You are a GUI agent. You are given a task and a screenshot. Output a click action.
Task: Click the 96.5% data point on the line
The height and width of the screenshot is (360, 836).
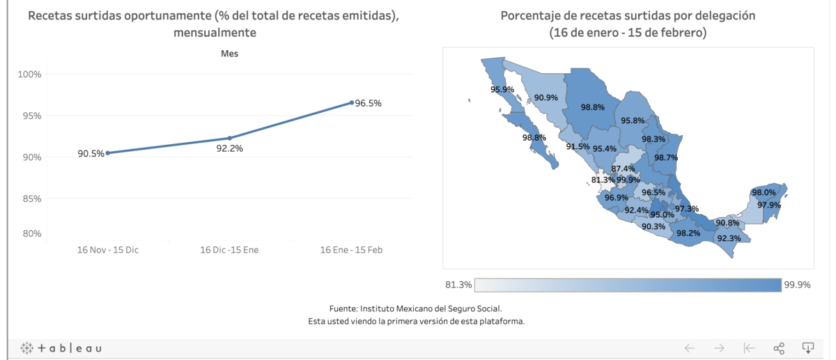coord(352,102)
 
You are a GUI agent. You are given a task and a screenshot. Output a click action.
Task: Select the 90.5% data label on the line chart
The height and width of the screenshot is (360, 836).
coord(91,153)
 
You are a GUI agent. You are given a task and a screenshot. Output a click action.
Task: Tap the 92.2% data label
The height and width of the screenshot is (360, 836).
coord(229,148)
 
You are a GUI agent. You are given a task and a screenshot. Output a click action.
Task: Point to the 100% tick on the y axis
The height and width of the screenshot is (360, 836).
coord(29,74)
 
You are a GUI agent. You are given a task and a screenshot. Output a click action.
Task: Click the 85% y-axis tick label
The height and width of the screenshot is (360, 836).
coord(31,198)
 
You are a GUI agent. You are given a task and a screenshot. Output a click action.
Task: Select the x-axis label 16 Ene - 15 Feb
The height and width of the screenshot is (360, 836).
coord(351,249)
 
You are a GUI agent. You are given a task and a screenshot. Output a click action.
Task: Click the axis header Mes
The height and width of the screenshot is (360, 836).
coord(229,54)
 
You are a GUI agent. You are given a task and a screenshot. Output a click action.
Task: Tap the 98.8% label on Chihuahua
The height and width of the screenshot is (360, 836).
coord(592,107)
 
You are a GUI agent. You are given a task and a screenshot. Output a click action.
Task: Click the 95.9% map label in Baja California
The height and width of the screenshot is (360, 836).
coord(502,89)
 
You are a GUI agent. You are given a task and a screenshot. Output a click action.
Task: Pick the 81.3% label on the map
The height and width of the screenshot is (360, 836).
coord(603,180)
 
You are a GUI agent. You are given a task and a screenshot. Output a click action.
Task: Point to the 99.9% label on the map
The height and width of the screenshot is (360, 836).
coord(628,180)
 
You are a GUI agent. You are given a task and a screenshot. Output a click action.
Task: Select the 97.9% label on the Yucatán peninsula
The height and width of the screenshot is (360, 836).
coord(769,205)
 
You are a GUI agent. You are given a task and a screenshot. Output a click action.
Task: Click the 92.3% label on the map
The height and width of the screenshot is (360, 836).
coord(729,238)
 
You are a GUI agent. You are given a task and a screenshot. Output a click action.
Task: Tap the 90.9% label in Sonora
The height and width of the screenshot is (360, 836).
coord(545,97)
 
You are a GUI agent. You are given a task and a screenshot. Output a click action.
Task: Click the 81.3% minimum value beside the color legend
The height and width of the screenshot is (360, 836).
coord(458,285)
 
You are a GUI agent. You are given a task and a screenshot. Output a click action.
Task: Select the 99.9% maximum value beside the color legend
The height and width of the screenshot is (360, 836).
coord(797,285)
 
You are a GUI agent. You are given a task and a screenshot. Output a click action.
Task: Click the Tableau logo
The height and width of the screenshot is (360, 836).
coord(61,347)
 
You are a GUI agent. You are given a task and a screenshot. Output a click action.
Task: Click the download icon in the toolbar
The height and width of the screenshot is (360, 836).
coord(808,347)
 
